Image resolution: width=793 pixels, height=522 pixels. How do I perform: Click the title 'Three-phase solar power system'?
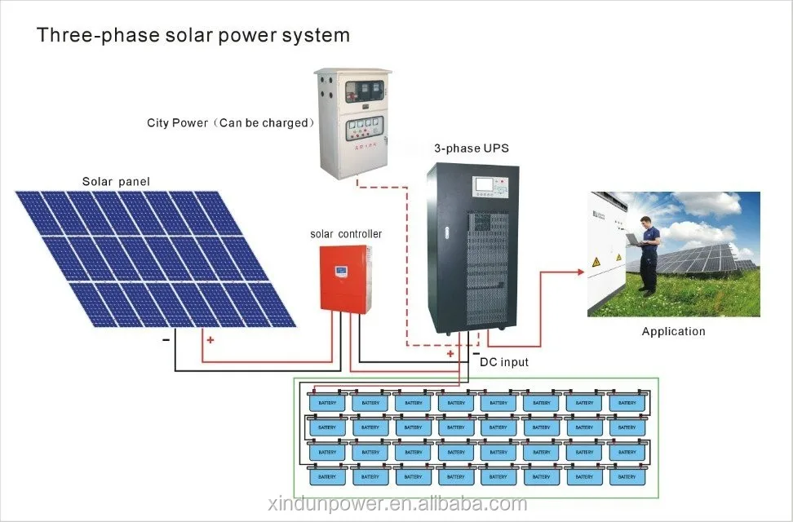(x=193, y=36)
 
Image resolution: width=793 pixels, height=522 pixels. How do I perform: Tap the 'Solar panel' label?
(x=116, y=181)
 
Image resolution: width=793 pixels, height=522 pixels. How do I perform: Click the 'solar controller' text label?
(x=346, y=234)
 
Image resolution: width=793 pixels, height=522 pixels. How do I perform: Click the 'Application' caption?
(x=673, y=331)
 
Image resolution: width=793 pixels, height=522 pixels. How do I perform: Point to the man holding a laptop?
(x=647, y=253)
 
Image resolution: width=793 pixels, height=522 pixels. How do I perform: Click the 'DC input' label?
(x=504, y=362)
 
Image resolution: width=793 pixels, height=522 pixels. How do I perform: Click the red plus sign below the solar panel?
(x=210, y=339)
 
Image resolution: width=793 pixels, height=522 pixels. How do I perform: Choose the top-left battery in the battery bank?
(x=327, y=402)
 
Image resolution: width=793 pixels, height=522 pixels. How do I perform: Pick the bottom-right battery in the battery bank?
(x=627, y=476)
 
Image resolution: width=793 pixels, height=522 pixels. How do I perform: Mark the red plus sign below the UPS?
(x=450, y=354)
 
